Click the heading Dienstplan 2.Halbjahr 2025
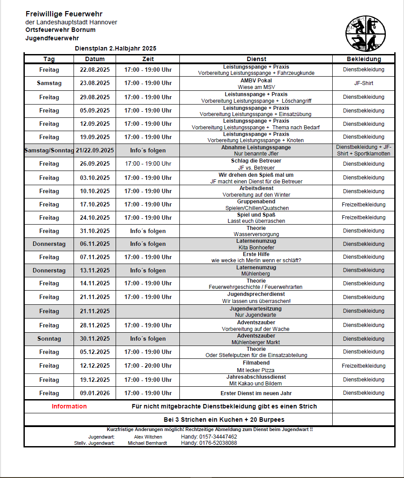[116, 48]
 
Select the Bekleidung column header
[363, 59]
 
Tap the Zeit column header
[148, 59]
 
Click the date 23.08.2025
[95, 83]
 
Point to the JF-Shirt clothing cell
[363, 83]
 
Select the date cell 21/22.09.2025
[95, 150]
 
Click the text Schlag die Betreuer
[256, 161]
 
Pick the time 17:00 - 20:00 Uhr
[148, 365]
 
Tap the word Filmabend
[256, 362]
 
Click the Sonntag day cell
[49, 338]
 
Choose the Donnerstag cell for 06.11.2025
[49, 244]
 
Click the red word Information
[69, 406]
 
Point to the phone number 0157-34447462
[209, 437]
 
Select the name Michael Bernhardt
[148, 443]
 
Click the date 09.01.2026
[95, 393]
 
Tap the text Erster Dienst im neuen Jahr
[256, 393]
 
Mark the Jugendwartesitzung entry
[256, 309]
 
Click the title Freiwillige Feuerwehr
[64, 14]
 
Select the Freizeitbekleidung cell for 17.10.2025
[363, 204]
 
